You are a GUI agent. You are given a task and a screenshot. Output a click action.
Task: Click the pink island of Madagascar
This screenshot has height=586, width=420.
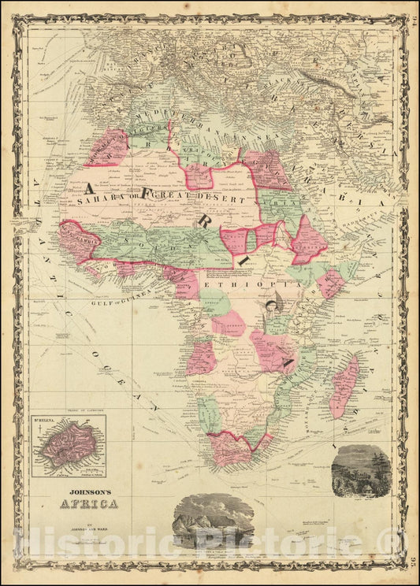345,385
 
